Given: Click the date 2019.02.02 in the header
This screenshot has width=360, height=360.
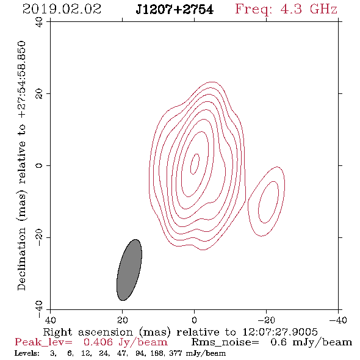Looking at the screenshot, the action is tap(62, 9).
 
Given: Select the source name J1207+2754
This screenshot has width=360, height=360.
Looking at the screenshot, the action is tap(175, 9).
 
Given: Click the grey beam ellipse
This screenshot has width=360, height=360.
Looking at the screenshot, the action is tap(129, 270).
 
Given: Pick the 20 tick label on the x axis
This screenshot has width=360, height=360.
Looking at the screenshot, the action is tap(123, 320).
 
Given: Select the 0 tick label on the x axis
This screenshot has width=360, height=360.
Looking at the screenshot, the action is tap(194, 320).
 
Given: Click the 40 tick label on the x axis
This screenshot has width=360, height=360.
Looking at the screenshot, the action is tap(50, 320).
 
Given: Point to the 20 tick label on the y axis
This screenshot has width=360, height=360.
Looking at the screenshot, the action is tap(39, 94).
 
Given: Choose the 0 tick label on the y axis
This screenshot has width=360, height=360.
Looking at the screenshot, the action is tap(39, 165).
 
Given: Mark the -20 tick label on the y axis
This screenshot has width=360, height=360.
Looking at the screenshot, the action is tap(39, 237).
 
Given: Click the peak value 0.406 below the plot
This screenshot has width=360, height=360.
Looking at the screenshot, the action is tap(98, 342).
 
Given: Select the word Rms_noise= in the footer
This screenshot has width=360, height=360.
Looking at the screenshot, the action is tap(225, 342).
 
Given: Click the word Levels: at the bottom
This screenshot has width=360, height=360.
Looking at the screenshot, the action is tap(27, 353).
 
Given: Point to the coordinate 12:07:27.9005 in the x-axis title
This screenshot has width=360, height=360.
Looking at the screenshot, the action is tap(280, 332).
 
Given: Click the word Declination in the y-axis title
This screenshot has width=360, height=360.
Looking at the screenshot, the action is tap(21, 259).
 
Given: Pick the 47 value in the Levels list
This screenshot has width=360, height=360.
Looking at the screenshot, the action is tap(121, 353).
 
